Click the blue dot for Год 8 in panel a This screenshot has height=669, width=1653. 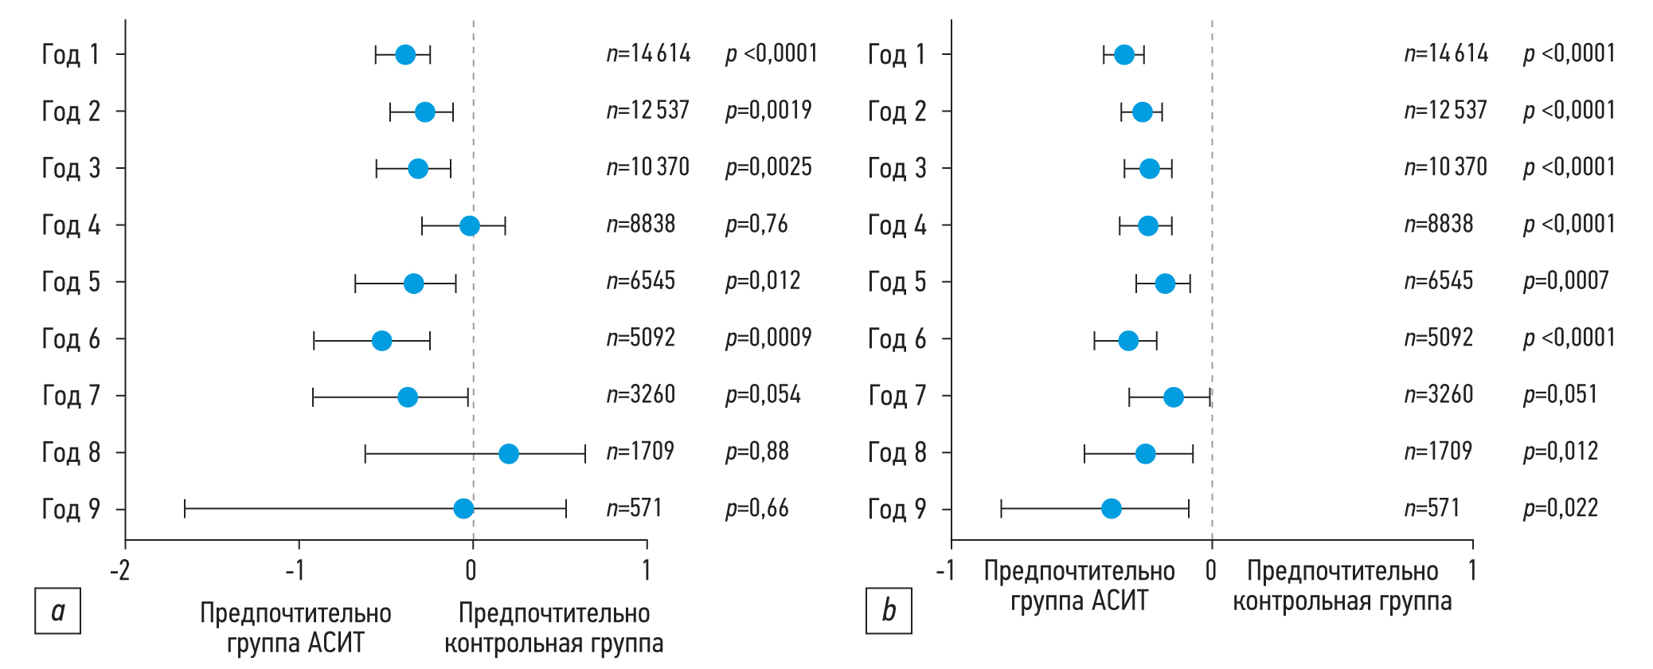[x=508, y=454]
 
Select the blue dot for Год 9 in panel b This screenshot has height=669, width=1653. [x=1111, y=508]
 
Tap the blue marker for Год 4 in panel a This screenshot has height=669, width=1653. [x=470, y=226]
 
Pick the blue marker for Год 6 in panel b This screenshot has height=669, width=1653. [x=1128, y=341]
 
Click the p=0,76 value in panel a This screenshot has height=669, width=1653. [x=756, y=225]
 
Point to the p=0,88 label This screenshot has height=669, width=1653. [x=756, y=452]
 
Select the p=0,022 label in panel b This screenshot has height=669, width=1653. [x=1560, y=508]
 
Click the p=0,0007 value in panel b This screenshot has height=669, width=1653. [x=1565, y=280]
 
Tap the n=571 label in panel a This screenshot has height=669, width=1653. [x=634, y=508]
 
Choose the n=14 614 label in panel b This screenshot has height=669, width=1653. [x=1446, y=53]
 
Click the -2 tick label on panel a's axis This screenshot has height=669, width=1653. [x=120, y=570]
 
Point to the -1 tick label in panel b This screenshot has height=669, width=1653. [x=945, y=570]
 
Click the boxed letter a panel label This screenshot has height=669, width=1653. [x=57, y=611]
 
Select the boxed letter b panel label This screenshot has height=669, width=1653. [x=889, y=611]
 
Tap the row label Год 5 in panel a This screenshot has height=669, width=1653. [x=71, y=282]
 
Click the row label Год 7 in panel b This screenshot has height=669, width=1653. [x=897, y=396]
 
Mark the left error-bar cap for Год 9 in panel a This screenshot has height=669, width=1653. [x=185, y=509]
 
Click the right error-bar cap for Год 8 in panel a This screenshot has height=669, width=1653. [x=585, y=454]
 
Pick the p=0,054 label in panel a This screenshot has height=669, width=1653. [x=763, y=394]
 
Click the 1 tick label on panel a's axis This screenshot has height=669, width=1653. [x=647, y=570]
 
